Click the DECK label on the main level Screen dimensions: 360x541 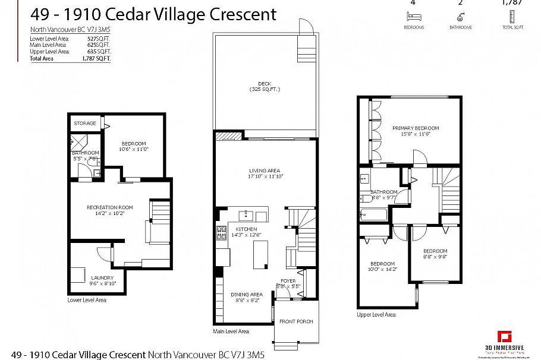(x=265, y=83)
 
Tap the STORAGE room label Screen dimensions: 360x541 (x=85, y=123)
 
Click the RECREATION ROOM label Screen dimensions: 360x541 (x=109, y=207)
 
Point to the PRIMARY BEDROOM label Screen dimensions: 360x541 (x=415, y=128)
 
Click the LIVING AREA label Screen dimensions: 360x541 (x=265, y=170)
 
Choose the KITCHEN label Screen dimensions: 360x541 (x=246, y=229)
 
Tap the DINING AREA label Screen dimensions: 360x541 (x=247, y=295)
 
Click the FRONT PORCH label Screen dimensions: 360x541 (x=296, y=321)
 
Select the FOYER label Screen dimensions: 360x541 (x=288, y=281)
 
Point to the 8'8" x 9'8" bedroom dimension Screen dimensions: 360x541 (x=435, y=257)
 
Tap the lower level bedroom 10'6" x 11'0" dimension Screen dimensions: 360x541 (x=134, y=149)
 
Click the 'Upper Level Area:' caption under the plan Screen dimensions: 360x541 (x=376, y=315)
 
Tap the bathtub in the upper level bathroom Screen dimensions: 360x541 (x=373, y=214)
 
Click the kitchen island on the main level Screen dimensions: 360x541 (x=259, y=254)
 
